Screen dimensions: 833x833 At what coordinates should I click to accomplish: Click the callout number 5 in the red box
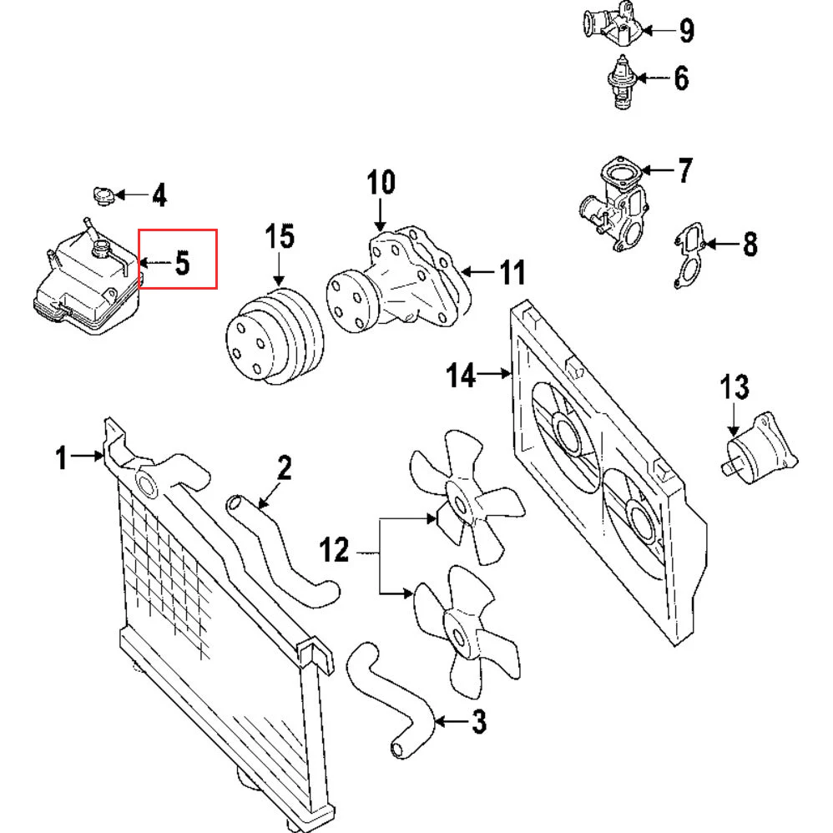[x=182, y=264]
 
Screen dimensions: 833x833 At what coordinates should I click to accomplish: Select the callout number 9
[x=685, y=32]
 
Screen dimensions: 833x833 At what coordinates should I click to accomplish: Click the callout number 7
[x=684, y=171]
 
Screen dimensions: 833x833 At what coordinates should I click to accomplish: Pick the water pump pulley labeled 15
[x=271, y=338]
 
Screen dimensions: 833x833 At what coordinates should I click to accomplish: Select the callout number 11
[x=510, y=272]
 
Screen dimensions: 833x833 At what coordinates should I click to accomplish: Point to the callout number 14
[x=460, y=376]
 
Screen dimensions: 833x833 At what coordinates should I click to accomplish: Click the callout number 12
[x=336, y=551]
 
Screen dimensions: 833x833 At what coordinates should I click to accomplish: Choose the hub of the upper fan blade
[x=460, y=498]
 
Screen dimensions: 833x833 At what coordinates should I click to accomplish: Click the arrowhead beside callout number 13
[x=734, y=430]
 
